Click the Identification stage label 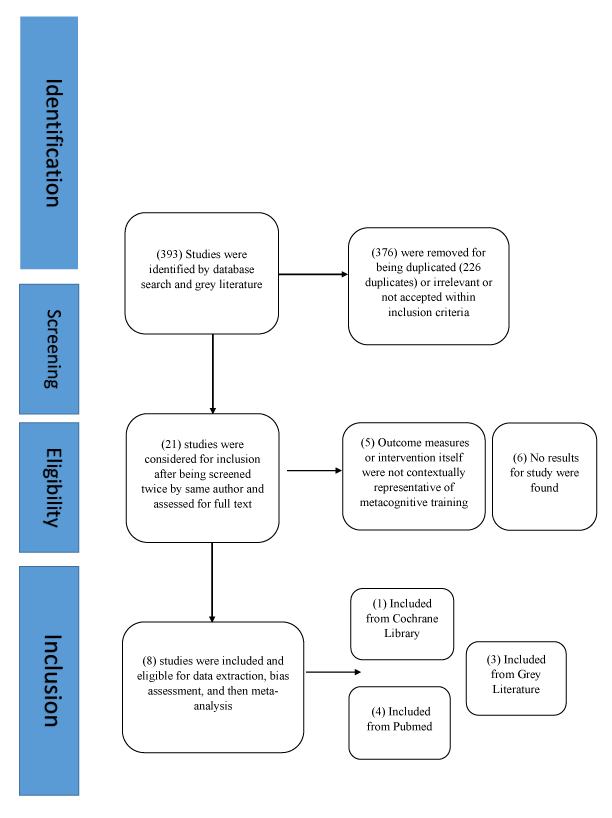pos(52,143)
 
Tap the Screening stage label pos(52,349)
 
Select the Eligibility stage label pos(52,487)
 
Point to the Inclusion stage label pos(52,681)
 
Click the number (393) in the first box pos(169,255)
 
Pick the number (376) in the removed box pos(384,252)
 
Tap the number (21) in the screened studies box pos(171,444)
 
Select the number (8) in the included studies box pos(149,661)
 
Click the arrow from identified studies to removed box pos(313,274)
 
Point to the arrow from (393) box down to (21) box pos(213,374)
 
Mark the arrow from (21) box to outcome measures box pos(314,471)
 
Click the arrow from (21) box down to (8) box pos(212,582)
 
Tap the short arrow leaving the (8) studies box pos(333,672)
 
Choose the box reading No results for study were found pos(544,477)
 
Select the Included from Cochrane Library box pos(402,624)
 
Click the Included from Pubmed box pos(399,723)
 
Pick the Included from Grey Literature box pos(516,678)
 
